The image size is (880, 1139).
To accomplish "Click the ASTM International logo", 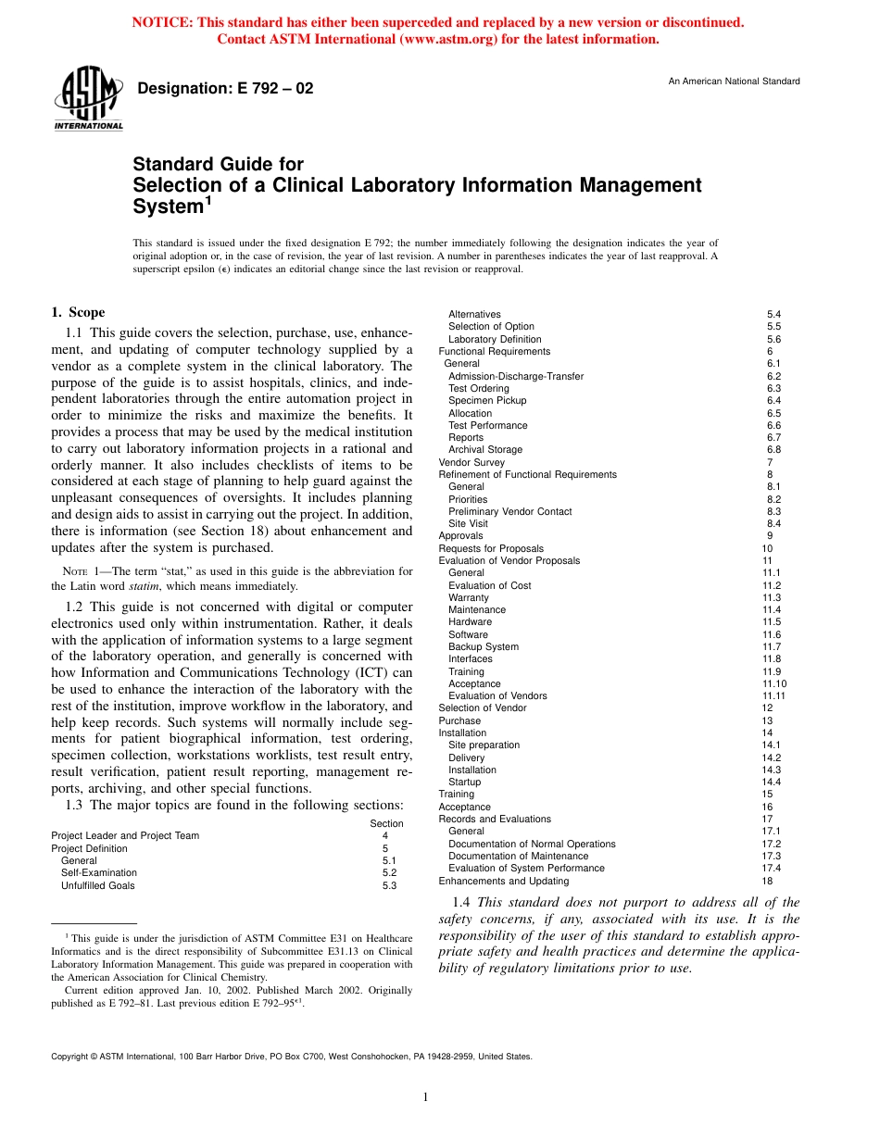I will [89, 100].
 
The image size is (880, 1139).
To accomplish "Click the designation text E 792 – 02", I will [225, 89].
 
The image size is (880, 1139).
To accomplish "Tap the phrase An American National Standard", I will [734, 81].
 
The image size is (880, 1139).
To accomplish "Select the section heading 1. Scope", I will [78, 313].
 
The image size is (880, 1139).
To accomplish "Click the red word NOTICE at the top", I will [165, 22].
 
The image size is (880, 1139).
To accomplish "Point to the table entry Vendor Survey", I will [471, 462].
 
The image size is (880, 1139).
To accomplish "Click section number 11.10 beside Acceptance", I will [774, 683].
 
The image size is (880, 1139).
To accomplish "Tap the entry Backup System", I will [484, 646].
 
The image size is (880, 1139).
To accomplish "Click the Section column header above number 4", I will [386, 823].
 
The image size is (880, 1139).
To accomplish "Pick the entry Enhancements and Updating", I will [503, 881].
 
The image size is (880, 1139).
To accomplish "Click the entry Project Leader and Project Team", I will [125, 835].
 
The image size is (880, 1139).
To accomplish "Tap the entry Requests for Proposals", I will [491, 548].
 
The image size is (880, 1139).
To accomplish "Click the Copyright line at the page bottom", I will [291, 1056].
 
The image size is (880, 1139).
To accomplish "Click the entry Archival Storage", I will [485, 450].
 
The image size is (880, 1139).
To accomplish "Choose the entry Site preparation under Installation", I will [484, 745].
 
